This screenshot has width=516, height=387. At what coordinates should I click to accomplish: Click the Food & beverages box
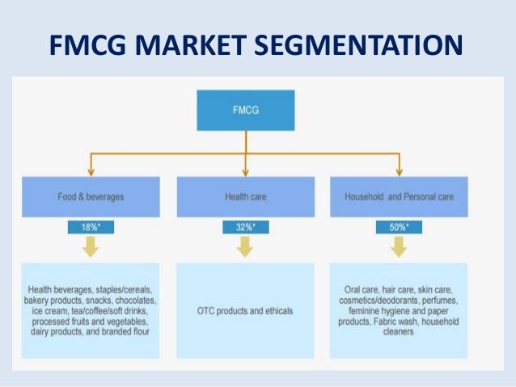[91, 196]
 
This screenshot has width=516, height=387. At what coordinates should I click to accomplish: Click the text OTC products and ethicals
[245, 309]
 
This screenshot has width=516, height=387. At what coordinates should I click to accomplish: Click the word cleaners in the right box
[397, 331]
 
